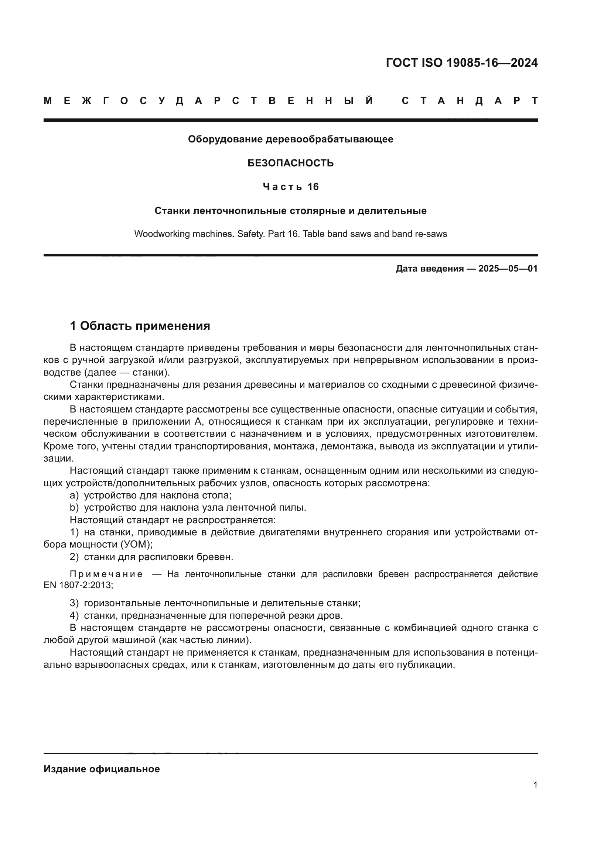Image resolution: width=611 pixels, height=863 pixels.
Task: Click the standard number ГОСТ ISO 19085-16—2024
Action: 462,63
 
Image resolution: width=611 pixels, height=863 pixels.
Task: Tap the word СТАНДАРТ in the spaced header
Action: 470,101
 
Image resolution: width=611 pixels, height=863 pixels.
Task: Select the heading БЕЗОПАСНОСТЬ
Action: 290,163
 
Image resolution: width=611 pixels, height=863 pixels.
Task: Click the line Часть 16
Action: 290,187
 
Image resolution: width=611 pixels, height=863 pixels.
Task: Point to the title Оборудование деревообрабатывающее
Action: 290,139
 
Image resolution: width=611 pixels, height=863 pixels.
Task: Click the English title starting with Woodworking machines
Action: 290,234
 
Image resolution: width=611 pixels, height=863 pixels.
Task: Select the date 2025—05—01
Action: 508,269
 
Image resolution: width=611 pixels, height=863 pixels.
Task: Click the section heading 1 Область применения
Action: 140,326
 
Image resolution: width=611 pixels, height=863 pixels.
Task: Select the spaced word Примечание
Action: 106,574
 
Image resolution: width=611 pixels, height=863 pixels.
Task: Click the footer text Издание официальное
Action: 102,769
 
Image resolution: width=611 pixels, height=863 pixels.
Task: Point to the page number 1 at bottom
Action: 535,785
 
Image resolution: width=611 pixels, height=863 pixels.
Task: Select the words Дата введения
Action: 429,269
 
